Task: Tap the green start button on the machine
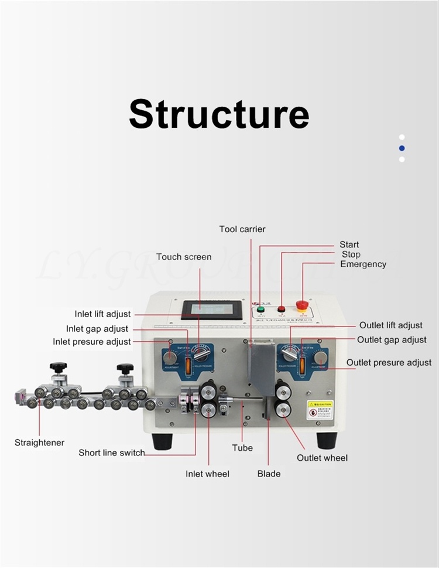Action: pyautogui.click(x=261, y=309)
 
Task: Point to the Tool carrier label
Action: pyautogui.click(x=242, y=229)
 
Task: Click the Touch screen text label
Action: pyautogui.click(x=184, y=257)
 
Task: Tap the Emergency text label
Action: pyautogui.click(x=363, y=264)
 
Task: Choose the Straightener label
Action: pyautogui.click(x=39, y=443)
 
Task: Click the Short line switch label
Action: pyautogui.click(x=112, y=453)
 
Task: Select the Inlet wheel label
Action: pyautogui.click(x=208, y=474)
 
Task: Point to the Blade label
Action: pyautogui.click(x=269, y=474)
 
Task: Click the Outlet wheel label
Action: pyautogui.click(x=322, y=458)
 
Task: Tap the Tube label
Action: pyautogui.click(x=242, y=448)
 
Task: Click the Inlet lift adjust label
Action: pyautogui.click(x=102, y=314)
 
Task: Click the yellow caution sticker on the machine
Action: pyautogui.click(x=320, y=409)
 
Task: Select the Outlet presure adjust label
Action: pyautogui.click(x=389, y=363)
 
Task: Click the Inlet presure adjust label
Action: pyautogui.click(x=92, y=342)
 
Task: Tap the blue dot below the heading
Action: pyautogui.click(x=402, y=148)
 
